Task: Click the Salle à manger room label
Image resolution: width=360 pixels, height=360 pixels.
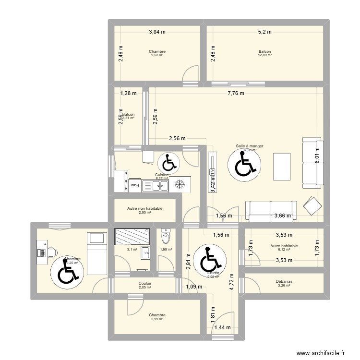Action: [249, 146]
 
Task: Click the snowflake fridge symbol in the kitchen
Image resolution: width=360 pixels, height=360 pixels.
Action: [180, 184]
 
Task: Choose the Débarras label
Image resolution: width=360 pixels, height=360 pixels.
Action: [285, 282]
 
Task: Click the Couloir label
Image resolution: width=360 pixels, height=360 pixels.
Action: [145, 283]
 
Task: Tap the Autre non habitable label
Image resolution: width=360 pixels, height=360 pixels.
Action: [144, 209]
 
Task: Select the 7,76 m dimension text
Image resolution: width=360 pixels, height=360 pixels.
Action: [236, 94]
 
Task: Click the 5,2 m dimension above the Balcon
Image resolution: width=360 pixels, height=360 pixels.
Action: [264, 32]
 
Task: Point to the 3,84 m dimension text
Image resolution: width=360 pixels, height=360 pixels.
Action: [157, 32]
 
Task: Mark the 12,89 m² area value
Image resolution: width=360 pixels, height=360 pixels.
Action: [264, 56]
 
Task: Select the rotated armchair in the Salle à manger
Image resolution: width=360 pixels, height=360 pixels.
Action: [312, 206]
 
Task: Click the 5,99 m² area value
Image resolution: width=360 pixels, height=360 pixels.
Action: [157, 319]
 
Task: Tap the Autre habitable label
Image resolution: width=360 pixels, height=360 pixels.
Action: [284, 246]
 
